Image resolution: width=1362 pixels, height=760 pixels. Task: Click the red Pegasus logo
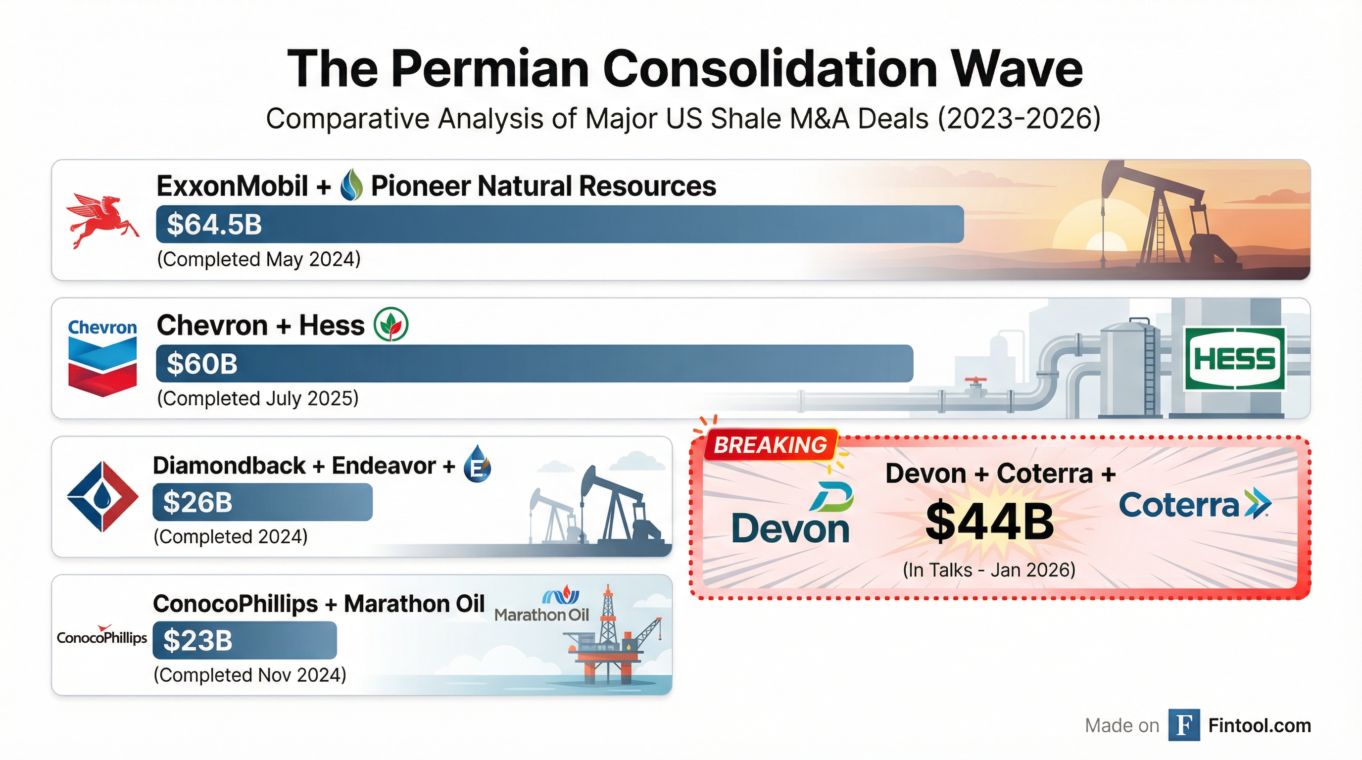102,220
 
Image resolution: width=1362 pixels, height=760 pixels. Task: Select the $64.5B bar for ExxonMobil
559,225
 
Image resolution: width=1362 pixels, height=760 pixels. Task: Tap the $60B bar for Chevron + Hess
534,364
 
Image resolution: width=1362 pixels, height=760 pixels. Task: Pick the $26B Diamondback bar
262,502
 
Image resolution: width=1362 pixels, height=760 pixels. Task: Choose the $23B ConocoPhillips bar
244,641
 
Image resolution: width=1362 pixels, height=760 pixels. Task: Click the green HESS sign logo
1234,359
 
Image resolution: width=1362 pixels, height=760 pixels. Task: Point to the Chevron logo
102,358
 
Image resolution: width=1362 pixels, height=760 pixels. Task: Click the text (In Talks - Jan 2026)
989,570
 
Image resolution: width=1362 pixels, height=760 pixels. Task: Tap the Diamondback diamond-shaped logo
102,496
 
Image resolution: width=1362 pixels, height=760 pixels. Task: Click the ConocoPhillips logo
102,636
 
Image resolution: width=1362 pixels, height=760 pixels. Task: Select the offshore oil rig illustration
613,639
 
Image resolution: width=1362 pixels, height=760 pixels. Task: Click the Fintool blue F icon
1184,725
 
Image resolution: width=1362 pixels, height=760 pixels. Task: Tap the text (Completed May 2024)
258,259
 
